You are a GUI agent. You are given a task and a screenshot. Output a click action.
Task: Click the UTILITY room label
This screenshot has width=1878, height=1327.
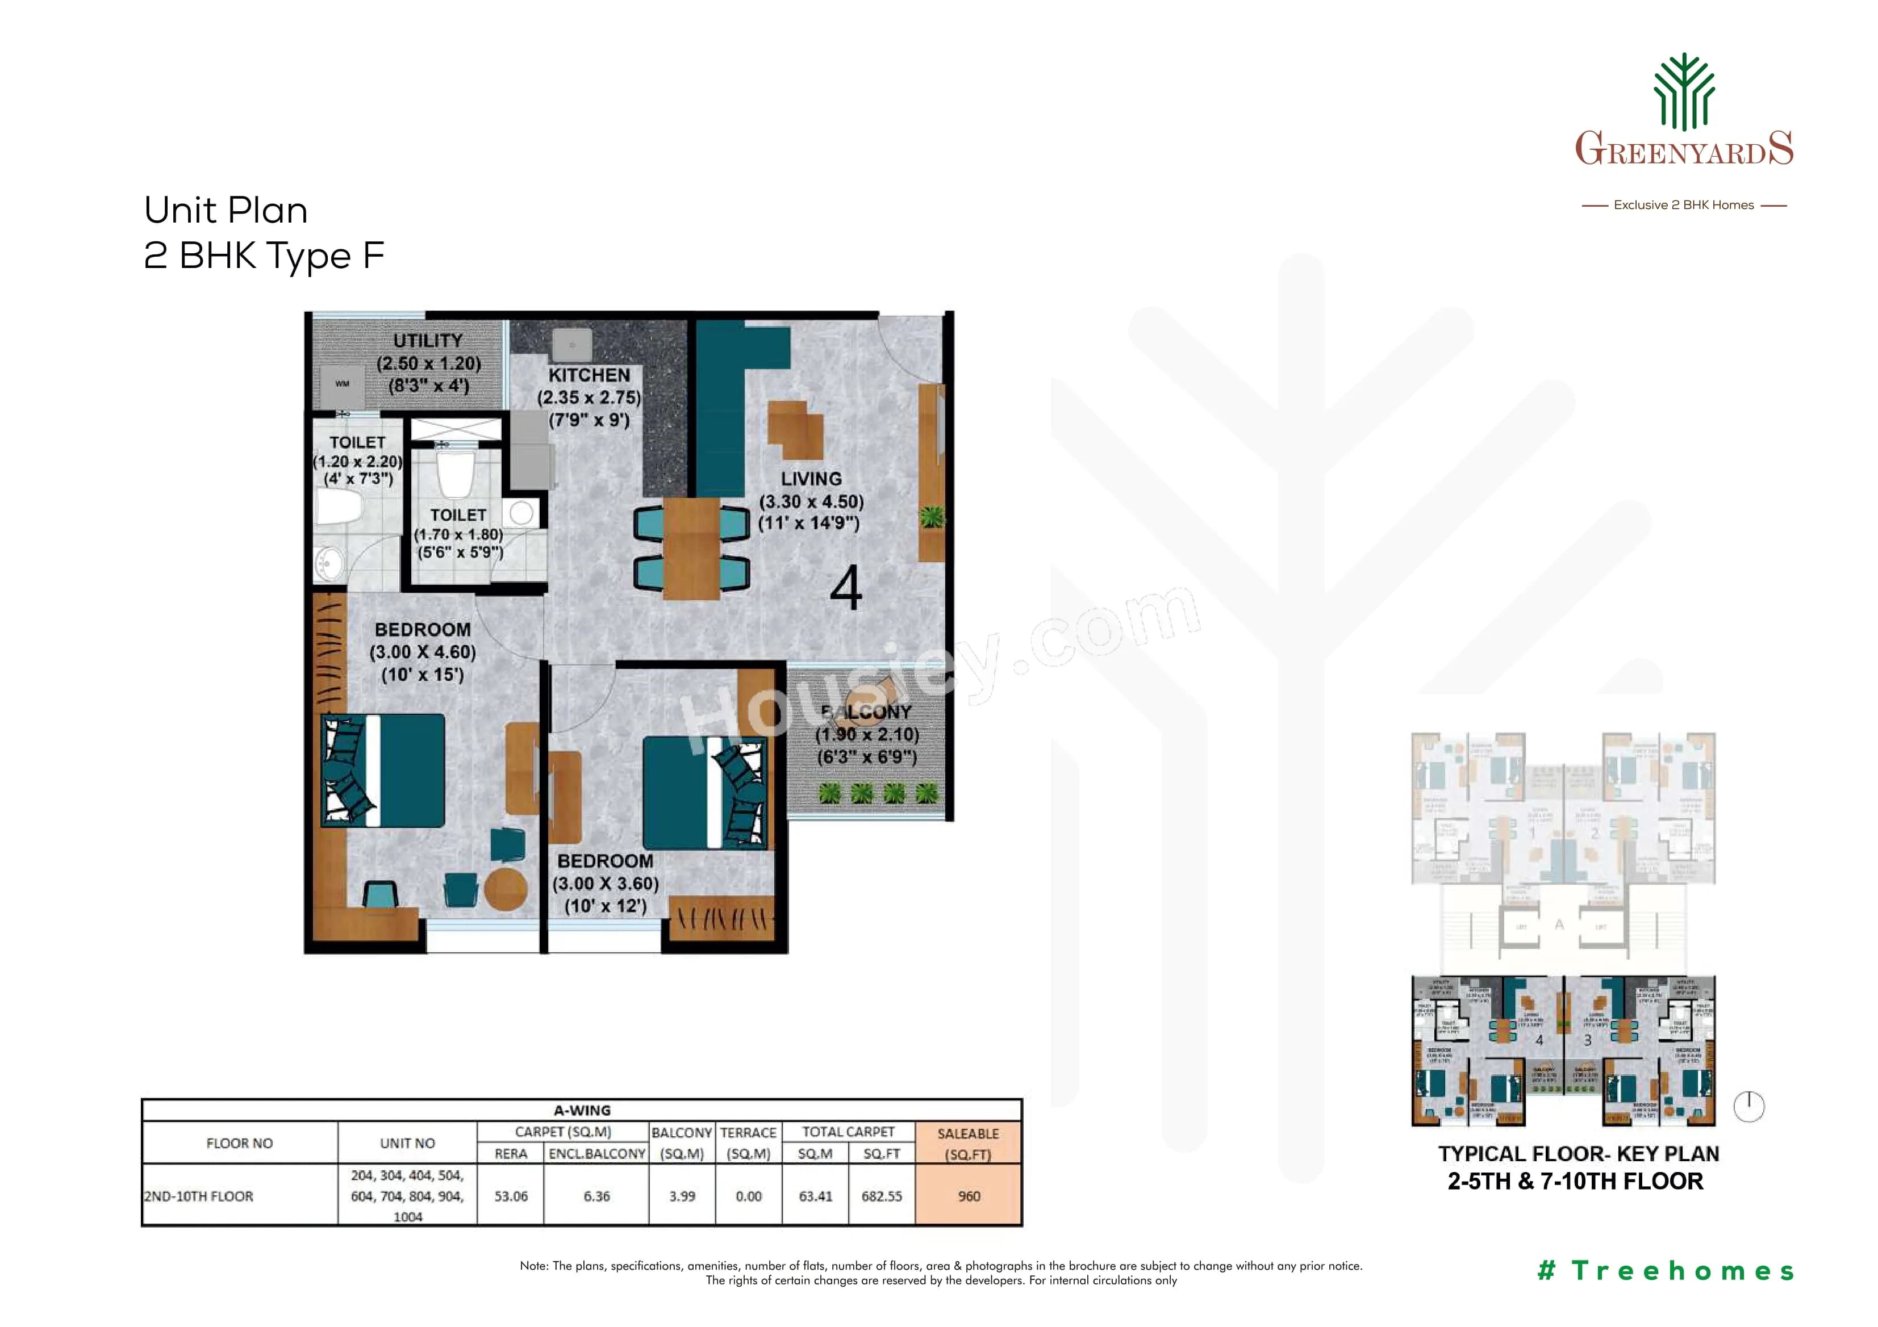point(427,341)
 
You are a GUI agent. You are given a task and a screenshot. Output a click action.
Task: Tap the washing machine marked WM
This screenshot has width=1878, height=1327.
point(342,383)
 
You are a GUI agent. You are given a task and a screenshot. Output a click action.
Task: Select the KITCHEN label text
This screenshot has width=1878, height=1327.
point(589,375)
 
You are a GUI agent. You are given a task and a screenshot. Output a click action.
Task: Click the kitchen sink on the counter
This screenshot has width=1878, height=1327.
point(571,345)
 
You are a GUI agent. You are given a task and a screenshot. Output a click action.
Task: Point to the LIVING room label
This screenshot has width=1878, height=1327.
point(811,479)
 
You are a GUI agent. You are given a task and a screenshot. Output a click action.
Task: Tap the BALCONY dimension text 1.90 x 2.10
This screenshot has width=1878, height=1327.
point(867,734)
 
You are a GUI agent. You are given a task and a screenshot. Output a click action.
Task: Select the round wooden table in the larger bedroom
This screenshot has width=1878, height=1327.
point(506,889)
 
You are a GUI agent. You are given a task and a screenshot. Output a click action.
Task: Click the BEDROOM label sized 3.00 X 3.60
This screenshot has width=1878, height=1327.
point(606,861)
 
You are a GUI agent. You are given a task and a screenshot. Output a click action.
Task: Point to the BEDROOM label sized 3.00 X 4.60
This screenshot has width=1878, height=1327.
point(423,630)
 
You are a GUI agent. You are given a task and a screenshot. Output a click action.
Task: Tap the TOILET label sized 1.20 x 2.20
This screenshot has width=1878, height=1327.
point(357,442)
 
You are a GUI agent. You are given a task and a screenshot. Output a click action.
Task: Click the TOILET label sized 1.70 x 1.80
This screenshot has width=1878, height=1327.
point(458,515)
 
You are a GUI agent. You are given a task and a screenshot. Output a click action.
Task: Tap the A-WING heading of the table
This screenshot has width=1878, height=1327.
point(582,1110)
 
